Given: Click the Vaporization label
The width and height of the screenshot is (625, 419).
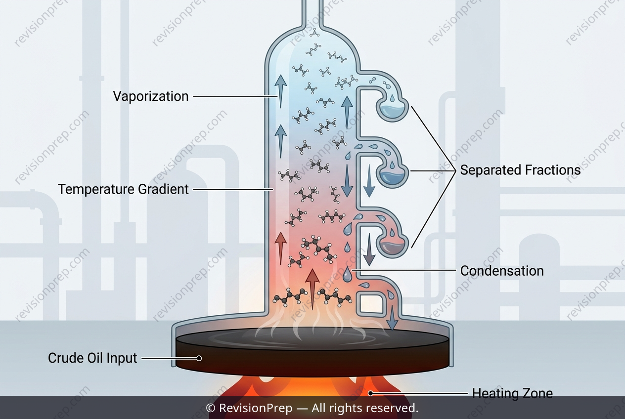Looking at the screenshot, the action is [151, 96].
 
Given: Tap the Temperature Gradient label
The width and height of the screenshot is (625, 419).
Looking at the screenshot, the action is [123, 189].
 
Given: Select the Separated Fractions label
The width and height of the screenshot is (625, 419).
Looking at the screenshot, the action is [520, 170].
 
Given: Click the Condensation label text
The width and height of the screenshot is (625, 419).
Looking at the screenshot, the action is [502, 271].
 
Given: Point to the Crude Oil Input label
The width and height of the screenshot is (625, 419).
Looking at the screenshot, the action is [92, 358].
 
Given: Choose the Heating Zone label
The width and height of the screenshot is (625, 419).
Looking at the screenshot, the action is [512, 393].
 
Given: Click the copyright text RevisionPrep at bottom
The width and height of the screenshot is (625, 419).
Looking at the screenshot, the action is [256, 408].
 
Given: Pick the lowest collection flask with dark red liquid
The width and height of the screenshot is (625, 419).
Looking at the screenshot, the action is [392, 244].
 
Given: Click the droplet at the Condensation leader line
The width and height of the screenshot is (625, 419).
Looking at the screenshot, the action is [347, 274].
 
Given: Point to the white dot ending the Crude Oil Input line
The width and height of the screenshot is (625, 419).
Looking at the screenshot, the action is [199, 358].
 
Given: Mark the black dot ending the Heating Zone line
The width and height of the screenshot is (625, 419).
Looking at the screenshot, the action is [370, 393].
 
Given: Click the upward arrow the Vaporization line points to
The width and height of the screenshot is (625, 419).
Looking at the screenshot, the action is [280, 91].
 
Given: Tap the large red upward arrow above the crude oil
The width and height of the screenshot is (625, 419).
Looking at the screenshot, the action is [312, 290].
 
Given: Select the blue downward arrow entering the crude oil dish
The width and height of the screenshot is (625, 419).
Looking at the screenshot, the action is [393, 318].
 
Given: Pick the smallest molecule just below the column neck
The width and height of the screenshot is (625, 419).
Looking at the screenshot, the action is [315, 33].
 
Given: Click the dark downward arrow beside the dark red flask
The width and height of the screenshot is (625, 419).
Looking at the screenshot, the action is [369, 250].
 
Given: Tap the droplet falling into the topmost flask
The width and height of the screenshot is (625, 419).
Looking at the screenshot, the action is [392, 98].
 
